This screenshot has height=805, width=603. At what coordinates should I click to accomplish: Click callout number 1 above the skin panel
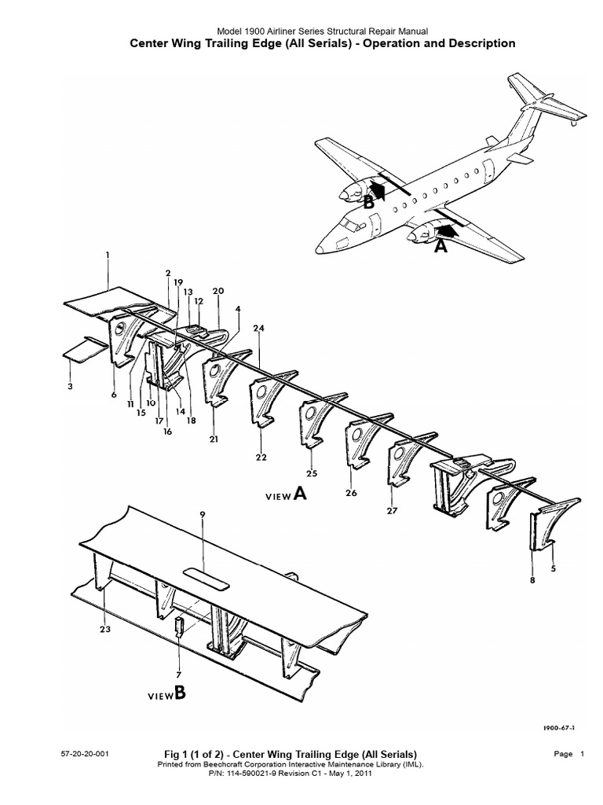108,255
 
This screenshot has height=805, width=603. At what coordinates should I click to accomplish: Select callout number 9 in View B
202,515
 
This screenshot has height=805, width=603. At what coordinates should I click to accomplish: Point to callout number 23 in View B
105,628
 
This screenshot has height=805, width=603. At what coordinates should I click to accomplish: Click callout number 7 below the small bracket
179,675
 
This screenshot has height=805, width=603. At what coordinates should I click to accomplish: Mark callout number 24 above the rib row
258,327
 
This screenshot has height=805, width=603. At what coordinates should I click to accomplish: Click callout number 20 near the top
217,291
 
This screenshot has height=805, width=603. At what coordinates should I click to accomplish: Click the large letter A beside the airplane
440,245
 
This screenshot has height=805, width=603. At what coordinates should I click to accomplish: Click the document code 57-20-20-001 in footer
85,754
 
